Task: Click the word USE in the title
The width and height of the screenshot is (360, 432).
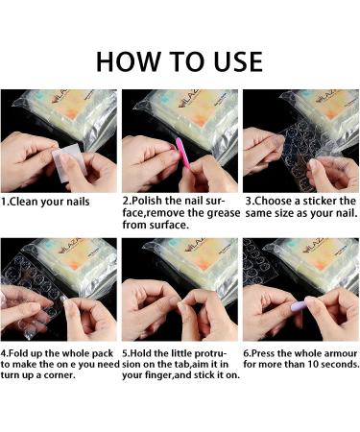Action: (x=238, y=61)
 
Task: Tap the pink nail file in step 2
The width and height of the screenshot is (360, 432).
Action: (x=182, y=152)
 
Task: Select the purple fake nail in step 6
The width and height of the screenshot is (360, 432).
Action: (x=299, y=306)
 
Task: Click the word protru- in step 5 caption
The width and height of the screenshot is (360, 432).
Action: (x=210, y=354)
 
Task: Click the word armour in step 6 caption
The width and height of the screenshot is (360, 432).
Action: (x=341, y=353)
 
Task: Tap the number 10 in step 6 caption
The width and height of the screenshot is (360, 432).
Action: (x=313, y=364)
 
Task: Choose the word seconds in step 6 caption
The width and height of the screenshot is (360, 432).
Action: (x=340, y=364)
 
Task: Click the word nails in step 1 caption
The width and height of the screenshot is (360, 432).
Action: (x=78, y=202)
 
